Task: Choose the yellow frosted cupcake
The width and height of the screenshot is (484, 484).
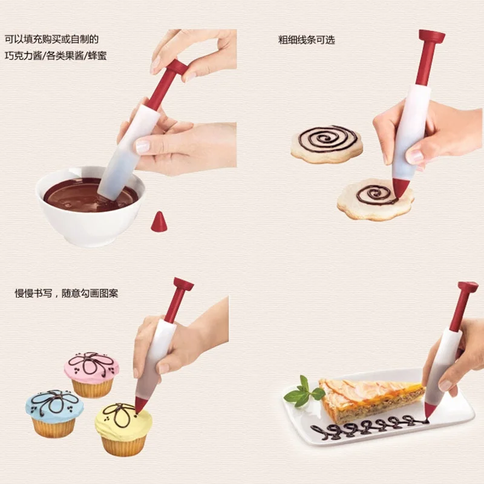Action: pyautogui.click(x=123, y=430)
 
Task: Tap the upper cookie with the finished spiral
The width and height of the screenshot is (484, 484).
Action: pyautogui.click(x=327, y=144)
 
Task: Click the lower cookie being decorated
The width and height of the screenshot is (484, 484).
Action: pyautogui.click(x=375, y=200)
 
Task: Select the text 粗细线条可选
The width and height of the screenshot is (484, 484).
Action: pyautogui.click(x=307, y=40)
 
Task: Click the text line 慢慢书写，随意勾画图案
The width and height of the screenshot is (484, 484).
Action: pyautogui.click(x=67, y=293)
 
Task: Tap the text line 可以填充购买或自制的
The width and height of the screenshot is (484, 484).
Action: pyautogui.click(x=51, y=39)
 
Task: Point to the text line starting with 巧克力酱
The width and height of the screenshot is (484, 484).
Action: pyautogui.click(x=56, y=56)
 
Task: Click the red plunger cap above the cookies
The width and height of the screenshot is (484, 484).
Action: pyautogui.click(x=431, y=36)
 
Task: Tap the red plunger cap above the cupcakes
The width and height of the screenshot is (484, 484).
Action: pyautogui.click(x=183, y=284)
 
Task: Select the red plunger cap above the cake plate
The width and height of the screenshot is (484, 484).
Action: pyautogui.click(x=468, y=287)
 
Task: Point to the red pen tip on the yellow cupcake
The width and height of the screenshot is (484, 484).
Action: pyautogui.click(x=140, y=405)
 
